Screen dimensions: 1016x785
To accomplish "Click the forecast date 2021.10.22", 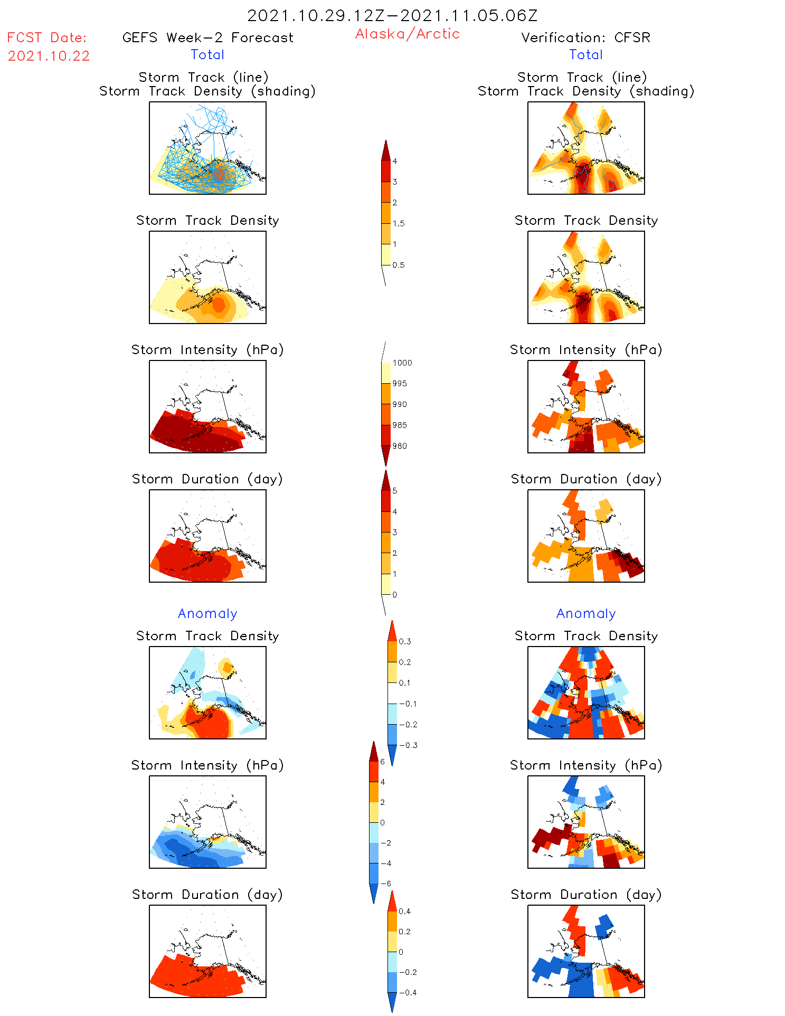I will coord(49,56).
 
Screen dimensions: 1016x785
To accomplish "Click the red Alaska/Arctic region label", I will coord(407,34).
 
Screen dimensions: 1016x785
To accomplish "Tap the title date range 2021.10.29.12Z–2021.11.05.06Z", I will coord(392,15).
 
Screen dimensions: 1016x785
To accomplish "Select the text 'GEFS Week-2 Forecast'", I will coord(207,37).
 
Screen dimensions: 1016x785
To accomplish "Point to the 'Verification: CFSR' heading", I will coord(585,37).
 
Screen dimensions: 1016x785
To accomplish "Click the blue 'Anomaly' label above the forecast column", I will coord(207,613).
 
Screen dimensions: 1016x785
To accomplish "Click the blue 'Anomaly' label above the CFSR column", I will coord(586,613).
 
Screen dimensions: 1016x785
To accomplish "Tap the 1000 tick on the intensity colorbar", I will coord(402,363).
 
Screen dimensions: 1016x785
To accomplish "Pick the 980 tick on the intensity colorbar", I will coord(400,446).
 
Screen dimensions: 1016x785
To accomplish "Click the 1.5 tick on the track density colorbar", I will coord(399,224).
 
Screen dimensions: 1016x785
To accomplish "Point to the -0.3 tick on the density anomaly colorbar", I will coord(408,745).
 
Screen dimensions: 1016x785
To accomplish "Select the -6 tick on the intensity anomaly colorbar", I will coord(386,884).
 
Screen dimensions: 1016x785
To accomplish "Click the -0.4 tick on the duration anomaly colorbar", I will coord(408,992).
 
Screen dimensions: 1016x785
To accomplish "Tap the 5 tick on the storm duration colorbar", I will coord(395,491).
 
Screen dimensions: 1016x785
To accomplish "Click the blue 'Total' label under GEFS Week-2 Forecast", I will coord(207,54).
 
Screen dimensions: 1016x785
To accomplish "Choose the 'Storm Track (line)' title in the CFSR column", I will coord(582,77).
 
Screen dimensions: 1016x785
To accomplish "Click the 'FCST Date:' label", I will coord(47,37).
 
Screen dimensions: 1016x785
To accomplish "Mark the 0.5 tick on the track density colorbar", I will coord(399,265).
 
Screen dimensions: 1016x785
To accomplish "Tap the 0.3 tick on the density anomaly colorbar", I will coord(404,642).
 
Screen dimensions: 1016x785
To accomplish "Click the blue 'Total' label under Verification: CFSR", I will coord(586,54).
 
